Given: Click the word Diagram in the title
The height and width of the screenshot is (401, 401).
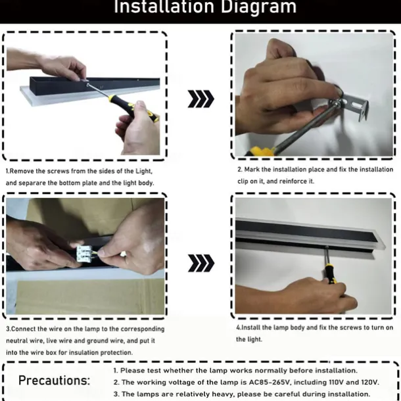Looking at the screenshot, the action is [258, 7].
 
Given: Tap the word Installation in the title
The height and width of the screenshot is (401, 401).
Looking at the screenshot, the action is [164, 7].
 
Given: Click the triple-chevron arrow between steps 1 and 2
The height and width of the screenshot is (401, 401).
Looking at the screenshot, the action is [200, 99].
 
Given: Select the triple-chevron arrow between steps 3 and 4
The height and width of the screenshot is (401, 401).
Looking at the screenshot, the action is [201, 263].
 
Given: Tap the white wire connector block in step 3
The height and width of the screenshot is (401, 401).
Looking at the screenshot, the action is [83, 253].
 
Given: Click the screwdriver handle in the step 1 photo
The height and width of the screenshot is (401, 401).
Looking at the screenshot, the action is [133, 108].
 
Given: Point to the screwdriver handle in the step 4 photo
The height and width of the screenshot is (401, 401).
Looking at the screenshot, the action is [331, 275].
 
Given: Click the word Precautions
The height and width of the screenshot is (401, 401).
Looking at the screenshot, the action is [54, 380].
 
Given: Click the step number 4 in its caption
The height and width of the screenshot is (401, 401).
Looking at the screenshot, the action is [238, 327].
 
